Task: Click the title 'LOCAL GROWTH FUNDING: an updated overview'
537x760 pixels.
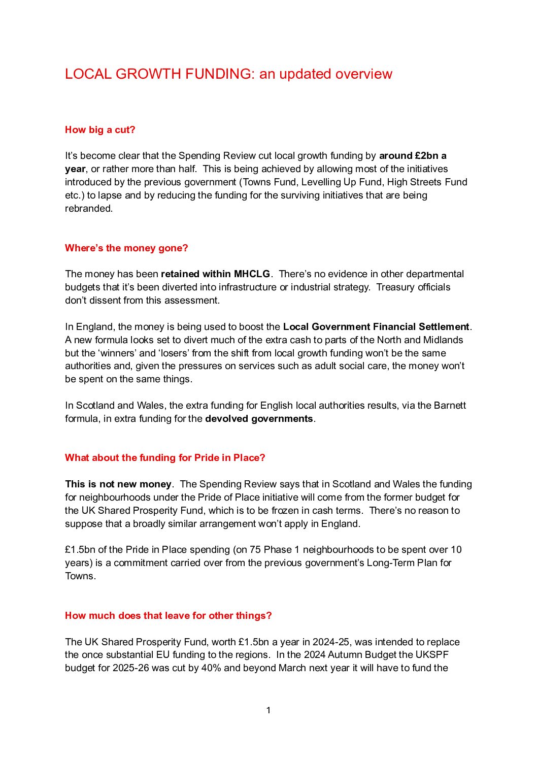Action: (228, 74)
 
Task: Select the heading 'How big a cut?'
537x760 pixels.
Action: (100, 130)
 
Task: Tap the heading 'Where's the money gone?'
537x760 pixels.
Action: (126, 248)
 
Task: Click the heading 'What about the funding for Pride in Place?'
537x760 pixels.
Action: (165, 458)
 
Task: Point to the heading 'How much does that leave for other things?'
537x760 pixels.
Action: (168, 616)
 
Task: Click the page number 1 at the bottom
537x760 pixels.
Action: (268, 710)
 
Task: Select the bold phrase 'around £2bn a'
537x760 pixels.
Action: (413, 156)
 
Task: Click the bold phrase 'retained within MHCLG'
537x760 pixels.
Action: (215, 274)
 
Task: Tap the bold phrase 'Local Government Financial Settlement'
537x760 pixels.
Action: (376, 327)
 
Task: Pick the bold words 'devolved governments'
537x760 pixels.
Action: (259, 419)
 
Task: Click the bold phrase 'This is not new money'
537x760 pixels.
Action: (118, 484)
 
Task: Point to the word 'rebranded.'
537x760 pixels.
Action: (89, 209)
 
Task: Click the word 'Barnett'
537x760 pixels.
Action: (450, 406)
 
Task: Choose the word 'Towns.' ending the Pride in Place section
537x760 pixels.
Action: (80, 576)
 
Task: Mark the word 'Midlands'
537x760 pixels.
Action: (444, 340)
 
